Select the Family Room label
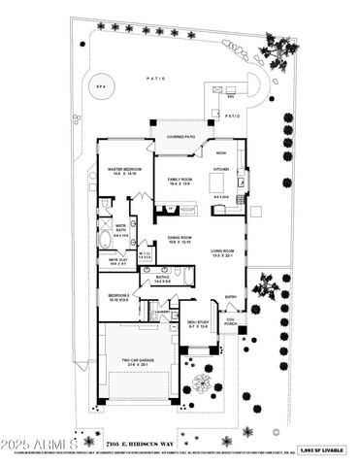point(181,179)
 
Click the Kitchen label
point(221,169)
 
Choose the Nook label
point(221,152)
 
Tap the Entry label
point(231,296)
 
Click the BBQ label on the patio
point(231,97)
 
